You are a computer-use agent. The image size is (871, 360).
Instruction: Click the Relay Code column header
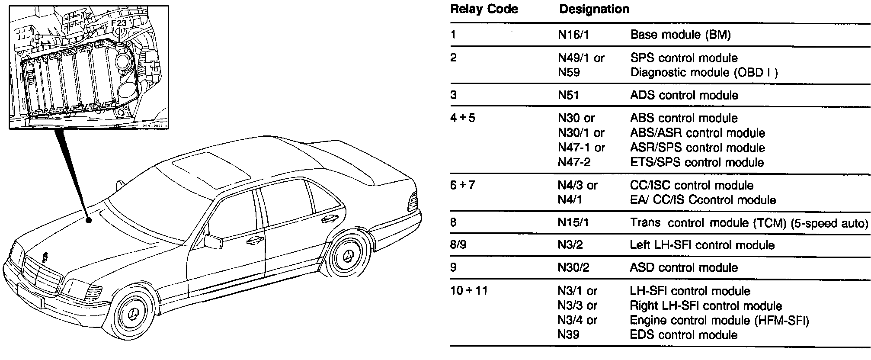click(484, 9)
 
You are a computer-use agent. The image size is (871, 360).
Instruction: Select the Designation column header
click(594, 9)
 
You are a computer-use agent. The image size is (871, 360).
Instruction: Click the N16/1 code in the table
click(573, 35)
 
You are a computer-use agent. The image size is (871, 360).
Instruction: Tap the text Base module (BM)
click(680, 35)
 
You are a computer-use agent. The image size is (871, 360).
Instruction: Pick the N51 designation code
click(568, 95)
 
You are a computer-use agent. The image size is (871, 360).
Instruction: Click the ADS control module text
click(684, 95)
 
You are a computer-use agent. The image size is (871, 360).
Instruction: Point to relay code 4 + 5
click(462, 118)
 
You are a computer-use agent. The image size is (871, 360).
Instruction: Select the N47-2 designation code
click(574, 162)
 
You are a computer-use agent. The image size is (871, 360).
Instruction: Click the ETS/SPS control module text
click(697, 162)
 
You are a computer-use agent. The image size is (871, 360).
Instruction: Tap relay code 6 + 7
click(462, 185)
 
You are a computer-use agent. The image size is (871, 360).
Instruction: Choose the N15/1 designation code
click(573, 222)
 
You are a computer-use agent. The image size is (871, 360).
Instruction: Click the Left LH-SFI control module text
click(702, 245)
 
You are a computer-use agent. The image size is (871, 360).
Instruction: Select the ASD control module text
click(683, 267)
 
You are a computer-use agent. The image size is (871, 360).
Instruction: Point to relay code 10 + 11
click(469, 290)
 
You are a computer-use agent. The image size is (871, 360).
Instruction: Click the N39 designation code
click(568, 335)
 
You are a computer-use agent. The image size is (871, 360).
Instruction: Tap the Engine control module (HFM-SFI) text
click(719, 320)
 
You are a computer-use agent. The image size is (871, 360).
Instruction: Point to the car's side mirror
click(214, 241)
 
